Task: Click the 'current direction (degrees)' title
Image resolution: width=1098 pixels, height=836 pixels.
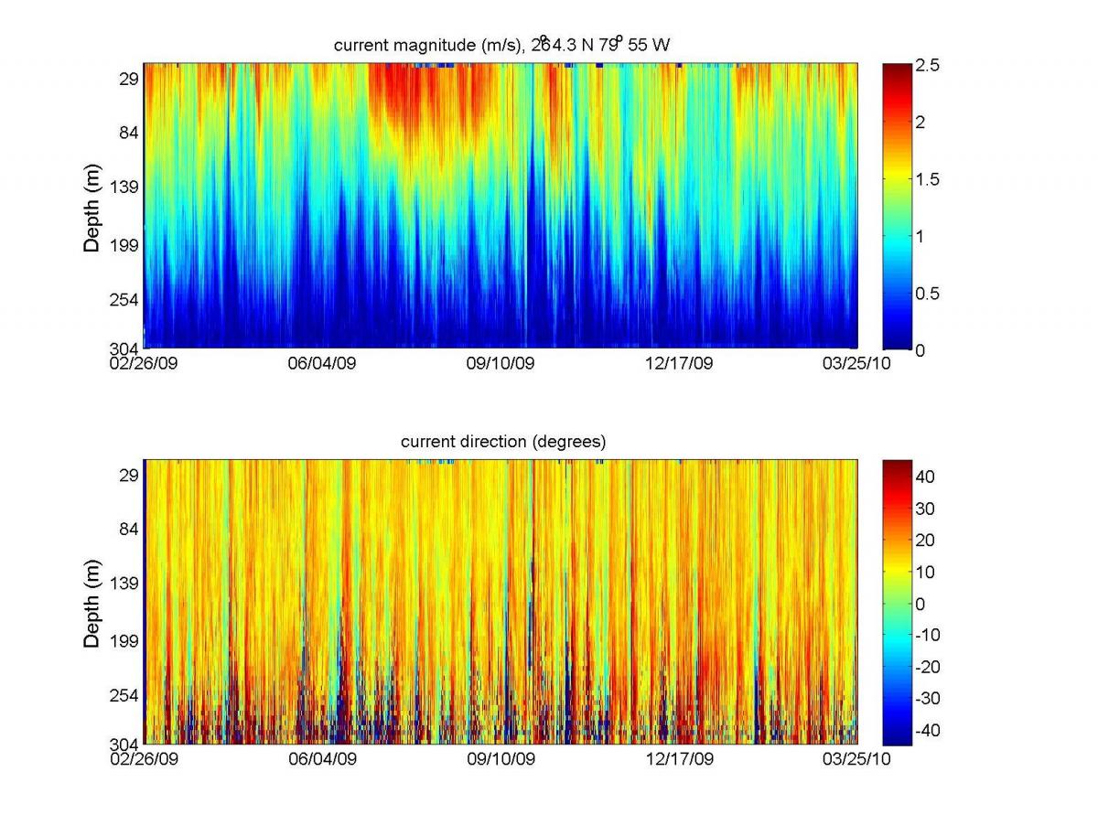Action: tap(503, 442)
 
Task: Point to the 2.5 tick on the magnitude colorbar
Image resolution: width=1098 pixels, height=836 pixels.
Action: tap(927, 66)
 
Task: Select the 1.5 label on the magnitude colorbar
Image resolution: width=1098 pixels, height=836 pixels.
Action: tap(927, 179)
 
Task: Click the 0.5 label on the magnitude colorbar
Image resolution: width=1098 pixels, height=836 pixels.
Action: tap(927, 294)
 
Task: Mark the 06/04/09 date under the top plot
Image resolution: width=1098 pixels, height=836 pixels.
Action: tap(321, 363)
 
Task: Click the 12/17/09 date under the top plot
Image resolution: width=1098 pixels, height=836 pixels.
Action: tap(679, 363)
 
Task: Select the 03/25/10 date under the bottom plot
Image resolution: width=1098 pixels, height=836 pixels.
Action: tap(856, 759)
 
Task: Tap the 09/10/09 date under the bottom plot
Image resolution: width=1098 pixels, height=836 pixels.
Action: tap(500, 759)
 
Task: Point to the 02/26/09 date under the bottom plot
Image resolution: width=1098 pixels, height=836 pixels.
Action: tap(145, 759)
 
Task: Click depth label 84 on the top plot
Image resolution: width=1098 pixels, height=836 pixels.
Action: tap(126, 133)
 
